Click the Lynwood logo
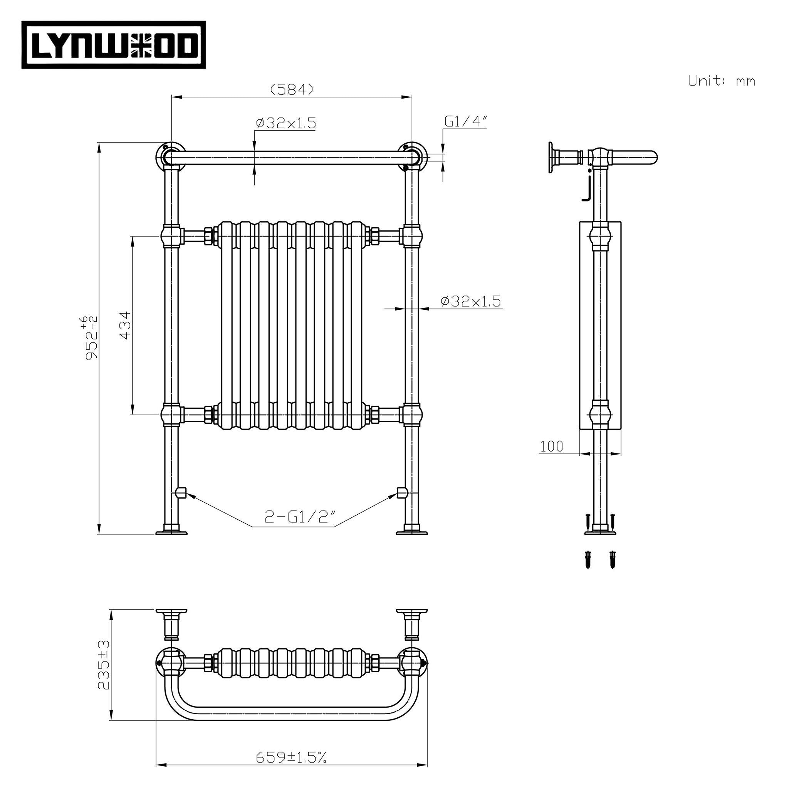[114, 45]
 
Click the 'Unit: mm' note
[721, 81]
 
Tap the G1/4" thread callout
[465, 122]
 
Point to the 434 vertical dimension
[126, 325]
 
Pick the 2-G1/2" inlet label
[300, 517]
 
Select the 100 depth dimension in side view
[551, 447]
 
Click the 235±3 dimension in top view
[104, 665]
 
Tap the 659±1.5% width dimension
[291, 758]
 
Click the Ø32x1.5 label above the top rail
[286, 123]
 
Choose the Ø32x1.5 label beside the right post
[470, 301]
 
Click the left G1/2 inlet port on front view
[181, 493]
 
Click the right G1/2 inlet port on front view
[402, 493]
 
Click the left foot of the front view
[171, 531]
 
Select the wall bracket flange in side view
[552, 158]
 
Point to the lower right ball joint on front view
[411, 415]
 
